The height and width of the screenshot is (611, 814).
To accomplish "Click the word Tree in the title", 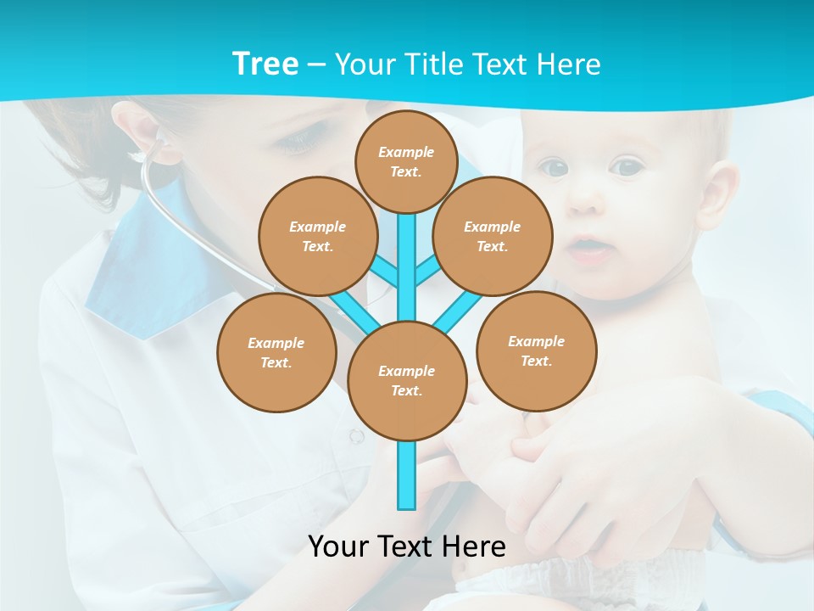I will coord(265,64).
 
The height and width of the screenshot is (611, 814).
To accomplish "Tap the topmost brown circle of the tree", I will coord(406,161).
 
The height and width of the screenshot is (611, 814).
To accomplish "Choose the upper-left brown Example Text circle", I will coord(317,236).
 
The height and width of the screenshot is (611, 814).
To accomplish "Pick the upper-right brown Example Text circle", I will coord(492,236).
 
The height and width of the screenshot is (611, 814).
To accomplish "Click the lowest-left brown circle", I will coord(276,352).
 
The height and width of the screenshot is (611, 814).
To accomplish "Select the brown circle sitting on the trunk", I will coord(407,380).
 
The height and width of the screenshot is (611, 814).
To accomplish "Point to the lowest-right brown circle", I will coord(536,350).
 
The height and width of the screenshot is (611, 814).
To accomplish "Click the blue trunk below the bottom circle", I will coord(407,475).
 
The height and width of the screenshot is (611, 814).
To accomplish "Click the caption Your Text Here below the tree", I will coord(407,546).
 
